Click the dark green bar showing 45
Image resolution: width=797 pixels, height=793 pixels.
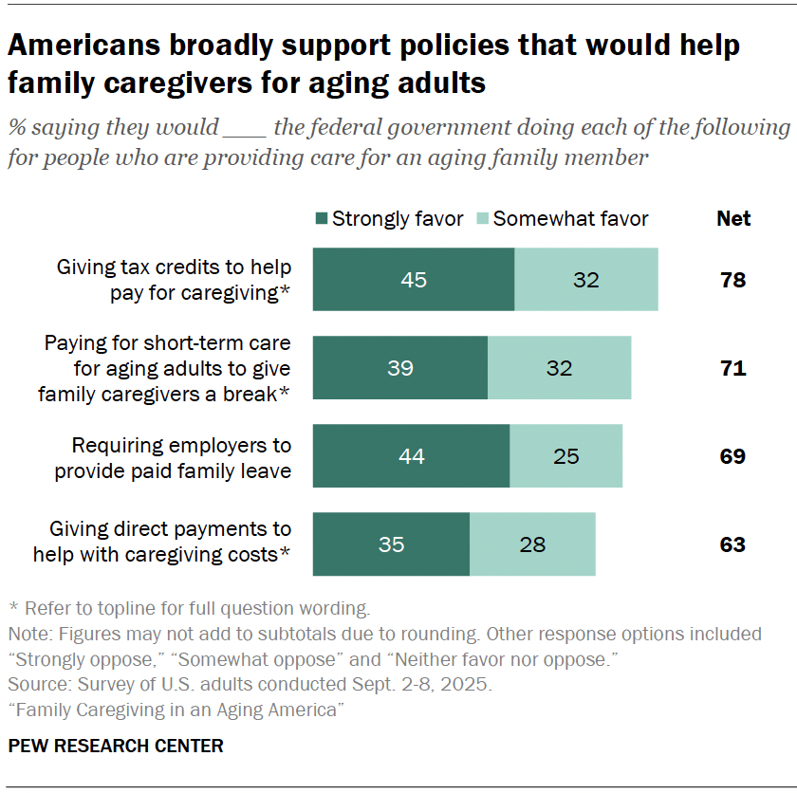pyautogui.click(x=414, y=280)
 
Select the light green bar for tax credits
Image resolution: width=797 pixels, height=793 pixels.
pyautogui.click(x=585, y=280)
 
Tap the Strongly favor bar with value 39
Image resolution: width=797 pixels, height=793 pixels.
pyautogui.click(x=399, y=367)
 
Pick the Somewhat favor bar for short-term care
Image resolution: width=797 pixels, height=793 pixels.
pyautogui.click(x=559, y=367)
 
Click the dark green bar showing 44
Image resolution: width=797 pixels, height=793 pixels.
pyautogui.click(x=411, y=456)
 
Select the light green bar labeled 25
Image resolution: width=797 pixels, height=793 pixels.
pyautogui.click(x=565, y=456)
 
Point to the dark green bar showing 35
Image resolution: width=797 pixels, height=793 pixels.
pyautogui.click(x=391, y=544)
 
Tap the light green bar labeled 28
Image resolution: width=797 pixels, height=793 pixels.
pyautogui.click(x=532, y=544)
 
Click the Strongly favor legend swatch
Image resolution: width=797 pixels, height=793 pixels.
pyautogui.click(x=320, y=219)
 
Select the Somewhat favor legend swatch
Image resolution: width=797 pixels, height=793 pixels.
pyautogui.click(x=481, y=219)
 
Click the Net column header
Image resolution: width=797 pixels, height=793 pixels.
pyautogui.click(x=732, y=219)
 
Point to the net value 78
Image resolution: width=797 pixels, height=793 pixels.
pyautogui.click(x=732, y=280)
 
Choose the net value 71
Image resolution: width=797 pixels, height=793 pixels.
pyautogui.click(x=732, y=367)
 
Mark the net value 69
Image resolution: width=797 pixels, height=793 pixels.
pyautogui.click(x=732, y=456)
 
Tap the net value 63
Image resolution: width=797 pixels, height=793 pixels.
pyautogui.click(x=732, y=544)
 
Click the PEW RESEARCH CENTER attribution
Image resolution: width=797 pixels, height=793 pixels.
pyautogui.click(x=116, y=746)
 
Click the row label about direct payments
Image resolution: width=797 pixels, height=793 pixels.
pyautogui.click(x=161, y=542)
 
